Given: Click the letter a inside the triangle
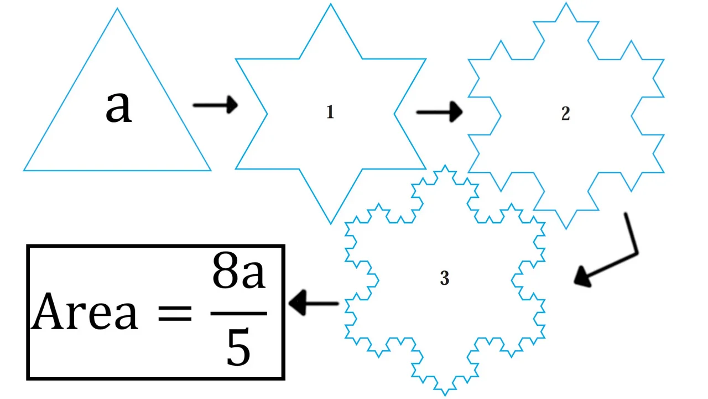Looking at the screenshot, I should click(x=118, y=107).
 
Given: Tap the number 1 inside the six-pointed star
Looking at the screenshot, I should click(x=330, y=112).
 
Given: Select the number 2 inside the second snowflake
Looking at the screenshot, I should click(x=565, y=114).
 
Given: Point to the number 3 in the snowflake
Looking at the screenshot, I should click(x=445, y=278).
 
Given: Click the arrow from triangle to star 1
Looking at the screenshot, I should click(x=215, y=104).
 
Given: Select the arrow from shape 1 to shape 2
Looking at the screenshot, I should click(x=439, y=112).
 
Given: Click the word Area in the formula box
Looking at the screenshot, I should click(x=84, y=313).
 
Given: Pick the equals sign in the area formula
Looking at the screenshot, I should click(x=175, y=313).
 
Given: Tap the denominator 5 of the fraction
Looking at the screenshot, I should click(x=238, y=346).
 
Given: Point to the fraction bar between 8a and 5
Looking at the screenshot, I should click(x=238, y=313).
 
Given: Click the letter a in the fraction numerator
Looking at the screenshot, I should click(x=253, y=275).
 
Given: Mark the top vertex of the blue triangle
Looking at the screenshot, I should click(x=117, y=9).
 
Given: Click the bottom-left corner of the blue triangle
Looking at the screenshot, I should click(x=24, y=170).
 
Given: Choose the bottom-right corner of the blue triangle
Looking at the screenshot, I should click(x=211, y=170).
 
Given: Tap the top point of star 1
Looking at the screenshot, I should click(x=331, y=4).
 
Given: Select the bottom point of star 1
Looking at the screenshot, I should click(x=331, y=223).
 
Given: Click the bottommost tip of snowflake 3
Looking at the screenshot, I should click(x=445, y=394).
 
